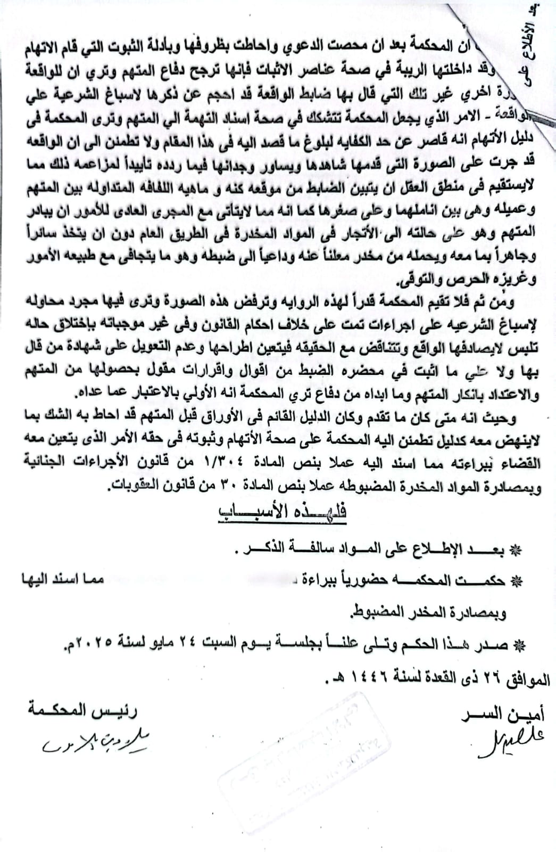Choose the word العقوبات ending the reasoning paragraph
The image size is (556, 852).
(135, 486)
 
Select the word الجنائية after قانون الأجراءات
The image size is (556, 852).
(36, 462)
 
